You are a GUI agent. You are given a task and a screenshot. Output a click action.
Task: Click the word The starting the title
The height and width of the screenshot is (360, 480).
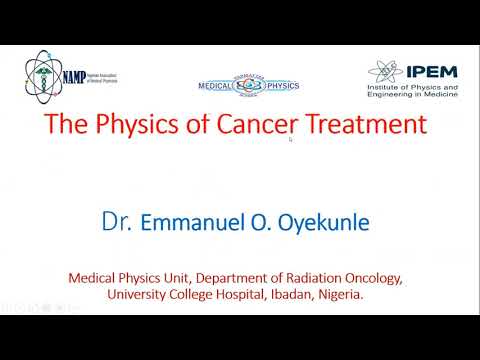(70, 126)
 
